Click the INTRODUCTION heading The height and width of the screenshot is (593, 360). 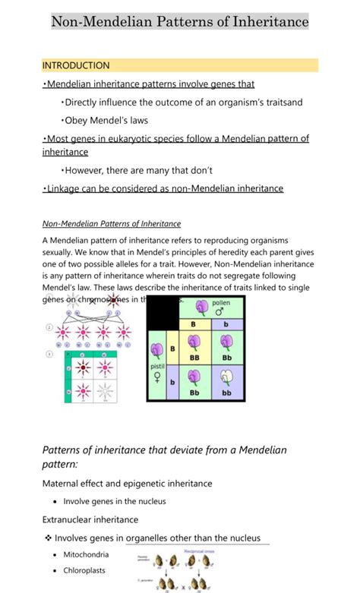point(76,65)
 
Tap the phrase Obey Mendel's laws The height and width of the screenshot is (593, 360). point(106,121)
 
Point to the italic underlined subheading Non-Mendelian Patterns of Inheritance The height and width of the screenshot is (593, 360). point(111,224)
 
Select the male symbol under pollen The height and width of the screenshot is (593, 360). point(221,311)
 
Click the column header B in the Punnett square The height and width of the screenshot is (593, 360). point(194,323)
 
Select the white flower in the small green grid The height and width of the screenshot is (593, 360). point(104,393)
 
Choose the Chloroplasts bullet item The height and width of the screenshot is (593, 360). point(84,570)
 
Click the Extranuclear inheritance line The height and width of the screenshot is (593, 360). point(90,519)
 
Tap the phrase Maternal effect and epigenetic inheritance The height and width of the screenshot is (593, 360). point(127,483)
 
